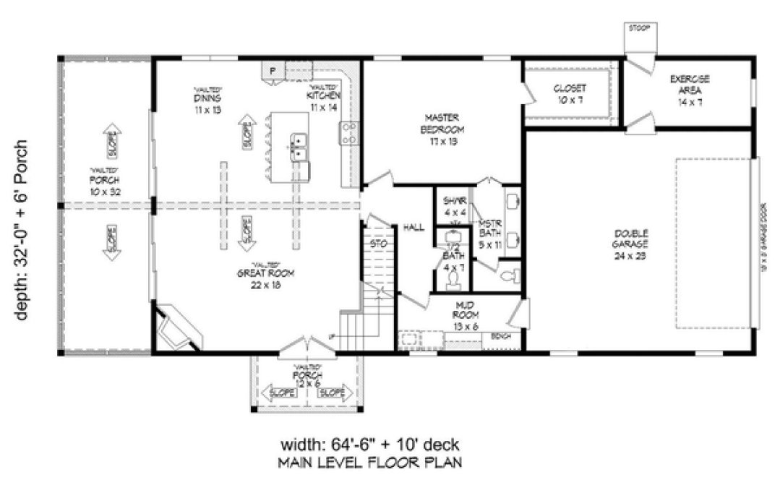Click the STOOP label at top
pos(639,30)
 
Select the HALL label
pos(413,227)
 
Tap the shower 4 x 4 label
pos(453,207)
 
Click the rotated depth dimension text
pos(22,230)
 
